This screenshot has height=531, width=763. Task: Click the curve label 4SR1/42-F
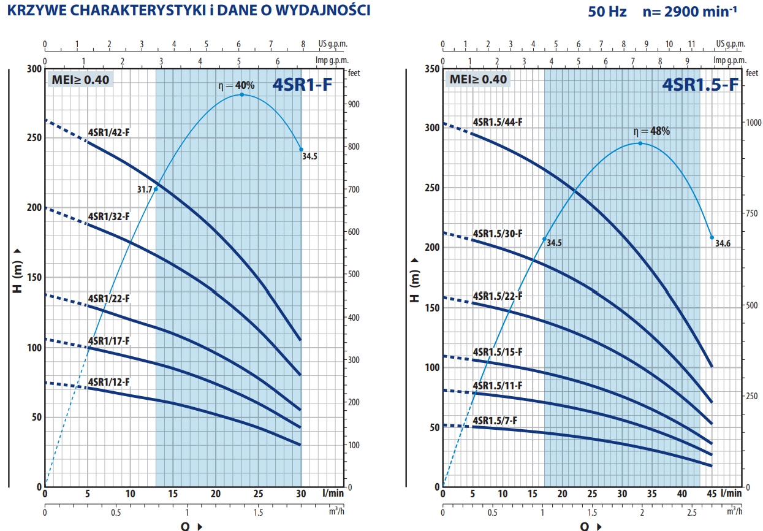(109, 132)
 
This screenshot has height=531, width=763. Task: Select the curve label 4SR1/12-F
(109, 382)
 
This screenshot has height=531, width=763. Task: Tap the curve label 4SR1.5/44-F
(498, 122)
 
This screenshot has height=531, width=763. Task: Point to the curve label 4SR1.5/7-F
(495, 421)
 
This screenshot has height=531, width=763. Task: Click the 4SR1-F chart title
(303, 85)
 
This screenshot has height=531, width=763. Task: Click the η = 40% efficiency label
(237, 85)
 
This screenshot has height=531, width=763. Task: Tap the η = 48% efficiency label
(651, 131)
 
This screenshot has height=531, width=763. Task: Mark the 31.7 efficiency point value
(144, 189)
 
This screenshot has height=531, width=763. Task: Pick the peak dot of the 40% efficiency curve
(241, 94)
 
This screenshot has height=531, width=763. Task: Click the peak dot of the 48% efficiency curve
(640, 143)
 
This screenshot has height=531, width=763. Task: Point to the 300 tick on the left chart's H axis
(34, 69)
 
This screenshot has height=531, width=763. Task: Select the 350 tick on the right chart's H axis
(432, 69)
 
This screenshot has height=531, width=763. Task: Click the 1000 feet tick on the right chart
(754, 122)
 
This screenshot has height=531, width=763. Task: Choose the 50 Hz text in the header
(607, 12)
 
